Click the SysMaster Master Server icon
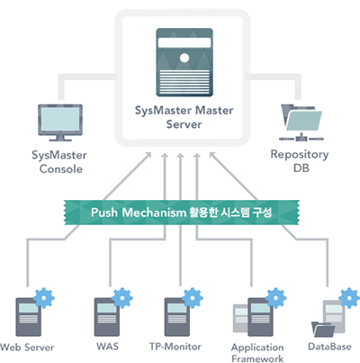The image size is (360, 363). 184,62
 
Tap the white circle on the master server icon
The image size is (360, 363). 184,58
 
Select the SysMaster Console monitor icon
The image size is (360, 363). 60,123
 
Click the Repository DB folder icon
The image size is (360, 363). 301,123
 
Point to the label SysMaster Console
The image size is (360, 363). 59,162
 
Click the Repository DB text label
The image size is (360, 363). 300,160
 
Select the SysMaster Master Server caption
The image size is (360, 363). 184,117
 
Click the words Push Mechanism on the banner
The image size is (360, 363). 139,213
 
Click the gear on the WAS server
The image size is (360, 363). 122,298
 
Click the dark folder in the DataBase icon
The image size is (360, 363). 323,330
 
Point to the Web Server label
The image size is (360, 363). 27,348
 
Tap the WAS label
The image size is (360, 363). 107,347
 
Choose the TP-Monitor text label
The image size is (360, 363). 175,347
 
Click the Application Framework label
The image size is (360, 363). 257,353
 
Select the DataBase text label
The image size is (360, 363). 329,347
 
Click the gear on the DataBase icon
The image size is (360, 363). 349,298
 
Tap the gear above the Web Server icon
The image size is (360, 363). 44,298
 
